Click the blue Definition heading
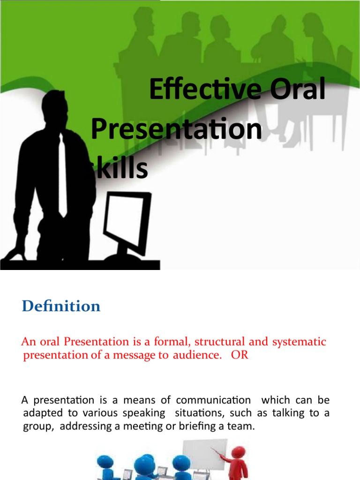[61, 306]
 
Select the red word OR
[239, 355]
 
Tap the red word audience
[196, 355]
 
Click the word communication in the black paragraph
[213, 400]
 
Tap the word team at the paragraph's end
[242, 426]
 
